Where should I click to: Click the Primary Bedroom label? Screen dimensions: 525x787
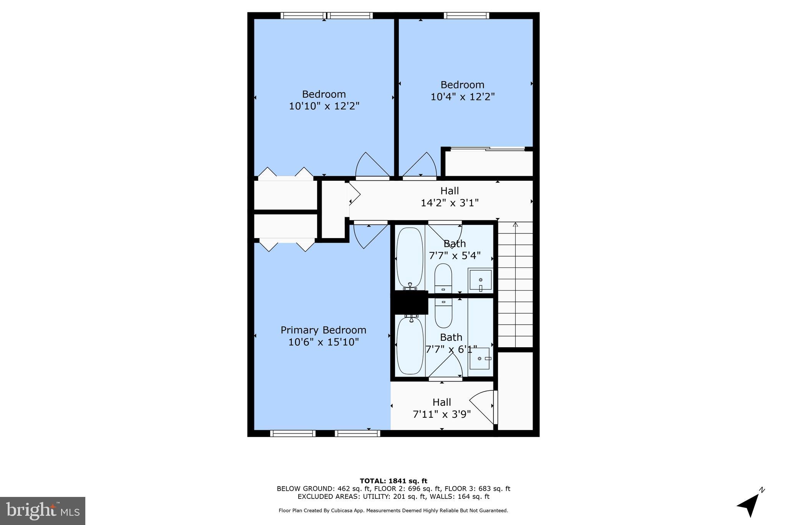tap(323, 330)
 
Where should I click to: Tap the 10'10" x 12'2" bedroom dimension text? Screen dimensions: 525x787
tap(324, 106)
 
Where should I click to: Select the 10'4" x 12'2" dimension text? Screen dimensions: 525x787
tap(462, 97)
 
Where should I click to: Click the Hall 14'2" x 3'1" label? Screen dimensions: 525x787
tap(450, 197)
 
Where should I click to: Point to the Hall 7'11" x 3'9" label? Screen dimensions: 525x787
tap(442, 408)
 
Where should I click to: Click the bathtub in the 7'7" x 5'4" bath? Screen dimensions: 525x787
tap(410, 258)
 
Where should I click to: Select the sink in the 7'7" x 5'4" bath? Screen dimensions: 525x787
tap(480, 280)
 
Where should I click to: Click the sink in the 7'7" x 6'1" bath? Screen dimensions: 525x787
tap(480, 358)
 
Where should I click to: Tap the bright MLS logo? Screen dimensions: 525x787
tap(43, 511)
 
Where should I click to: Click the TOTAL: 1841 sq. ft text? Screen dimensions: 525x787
tap(393, 481)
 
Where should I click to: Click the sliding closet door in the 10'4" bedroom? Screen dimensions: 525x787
tap(487, 149)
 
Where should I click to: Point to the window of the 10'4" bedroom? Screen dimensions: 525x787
tap(466, 16)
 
